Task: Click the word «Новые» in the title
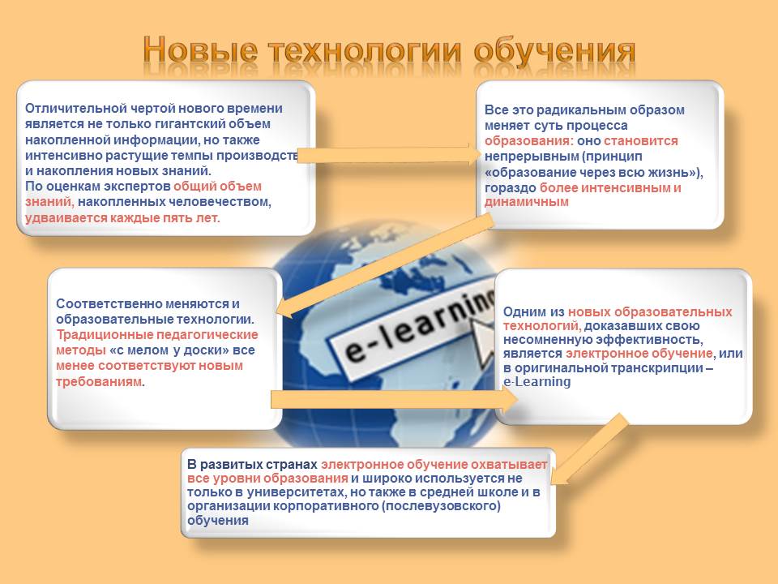[200, 50]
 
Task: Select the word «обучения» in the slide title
[554, 52]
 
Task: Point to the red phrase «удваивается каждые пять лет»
[122, 218]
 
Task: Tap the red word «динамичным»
[527, 202]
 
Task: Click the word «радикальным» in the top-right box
[579, 110]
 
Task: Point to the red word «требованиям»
[99, 382]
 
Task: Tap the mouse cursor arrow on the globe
[481, 340]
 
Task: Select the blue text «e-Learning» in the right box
[536, 382]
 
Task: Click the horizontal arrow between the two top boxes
[390, 155]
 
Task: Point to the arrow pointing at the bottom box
[588, 449]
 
